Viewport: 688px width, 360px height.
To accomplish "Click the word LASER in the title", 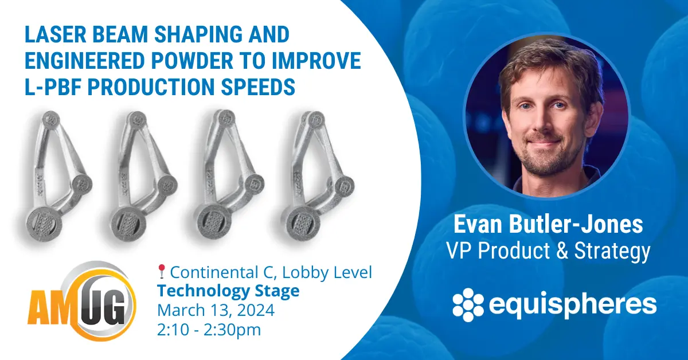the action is (55, 34).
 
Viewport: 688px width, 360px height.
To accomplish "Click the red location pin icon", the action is (162, 272).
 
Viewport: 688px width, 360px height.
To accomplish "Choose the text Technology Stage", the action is (228, 291).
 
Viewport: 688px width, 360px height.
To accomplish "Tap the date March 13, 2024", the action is (216, 310).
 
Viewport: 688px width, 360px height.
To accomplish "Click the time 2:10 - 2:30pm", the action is (209, 330).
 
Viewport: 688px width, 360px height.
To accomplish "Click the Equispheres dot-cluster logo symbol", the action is (468, 304).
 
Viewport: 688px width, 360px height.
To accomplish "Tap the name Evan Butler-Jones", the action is (548, 225).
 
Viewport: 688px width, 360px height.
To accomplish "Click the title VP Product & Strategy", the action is (548, 251).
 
